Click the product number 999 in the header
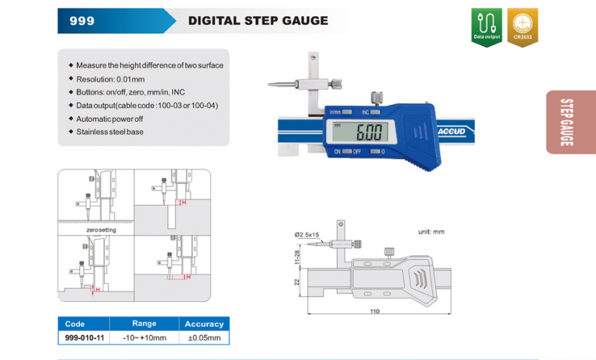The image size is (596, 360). coord(81,21)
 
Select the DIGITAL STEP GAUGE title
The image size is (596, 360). coord(258,21)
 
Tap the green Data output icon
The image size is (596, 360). coord(487,27)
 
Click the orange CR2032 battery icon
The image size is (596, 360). coord(522,27)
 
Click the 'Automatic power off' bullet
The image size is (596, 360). coord(113,119)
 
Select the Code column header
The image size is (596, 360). coord(75,324)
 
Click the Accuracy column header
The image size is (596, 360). coord(204,324)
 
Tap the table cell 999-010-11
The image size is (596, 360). coord(84,337)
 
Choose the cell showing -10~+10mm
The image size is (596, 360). coord(144,337)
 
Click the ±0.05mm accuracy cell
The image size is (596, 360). coord(204,337)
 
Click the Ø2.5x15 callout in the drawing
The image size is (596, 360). coord(307,234)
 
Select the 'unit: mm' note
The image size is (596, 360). coord(431,232)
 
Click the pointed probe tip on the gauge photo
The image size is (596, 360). coord(269,85)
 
